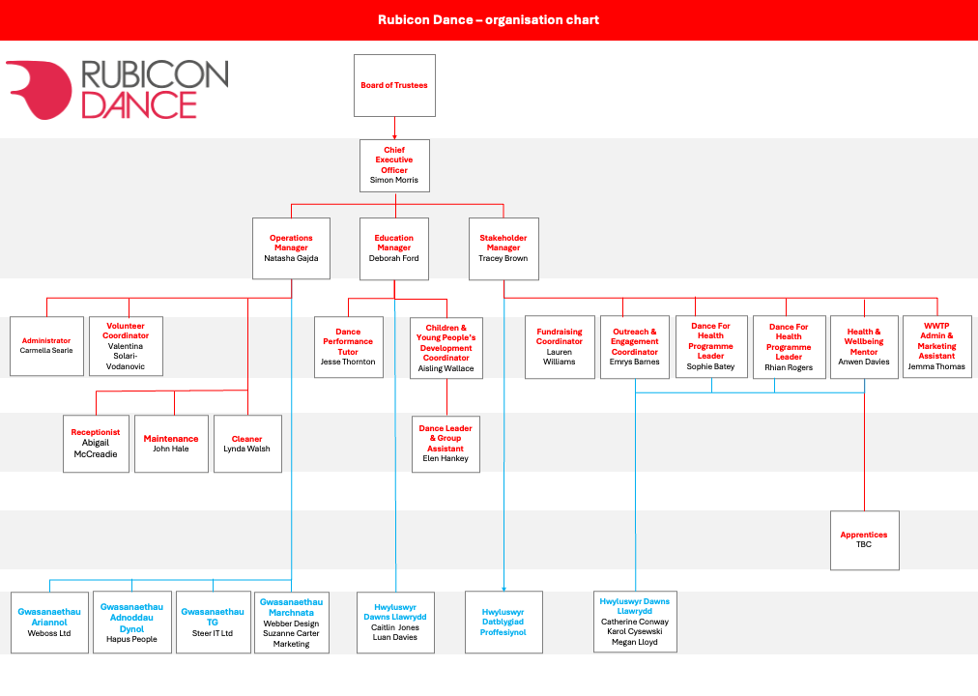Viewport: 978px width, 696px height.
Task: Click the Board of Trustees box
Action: (x=394, y=85)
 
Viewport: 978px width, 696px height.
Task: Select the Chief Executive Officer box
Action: (x=394, y=165)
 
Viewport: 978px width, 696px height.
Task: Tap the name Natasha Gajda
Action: (x=291, y=258)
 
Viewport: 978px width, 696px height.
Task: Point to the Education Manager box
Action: (x=394, y=248)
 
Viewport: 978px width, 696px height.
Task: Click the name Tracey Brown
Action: (x=503, y=258)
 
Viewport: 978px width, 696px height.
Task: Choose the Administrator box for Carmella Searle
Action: (x=46, y=346)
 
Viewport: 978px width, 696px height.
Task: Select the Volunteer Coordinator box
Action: (x=126, y=346)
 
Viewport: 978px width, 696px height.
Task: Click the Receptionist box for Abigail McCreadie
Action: (x=96, y=444)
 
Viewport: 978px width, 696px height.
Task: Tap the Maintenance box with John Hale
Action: (x=171, y=444)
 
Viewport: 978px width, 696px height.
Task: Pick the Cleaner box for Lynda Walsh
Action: (x=247, y=444)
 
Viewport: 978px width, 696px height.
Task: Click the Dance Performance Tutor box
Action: (x=349, y=347)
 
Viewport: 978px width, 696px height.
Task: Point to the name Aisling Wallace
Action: (x=446, y=368)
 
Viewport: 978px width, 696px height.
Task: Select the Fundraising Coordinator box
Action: (x=560, y=347)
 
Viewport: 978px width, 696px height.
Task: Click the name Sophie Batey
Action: (x=711, y=366)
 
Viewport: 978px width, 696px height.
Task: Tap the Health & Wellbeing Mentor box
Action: (x=865, y=347)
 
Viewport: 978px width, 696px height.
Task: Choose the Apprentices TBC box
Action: (x=865, y=540)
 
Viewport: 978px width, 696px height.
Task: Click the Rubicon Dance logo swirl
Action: (x=40, y=89)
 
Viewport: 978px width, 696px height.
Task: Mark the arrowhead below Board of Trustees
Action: (x=394, y=137)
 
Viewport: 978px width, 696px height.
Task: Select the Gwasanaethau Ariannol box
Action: (x=49, y=623)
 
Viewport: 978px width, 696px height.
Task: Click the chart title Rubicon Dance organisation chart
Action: (x=488, y=20)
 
